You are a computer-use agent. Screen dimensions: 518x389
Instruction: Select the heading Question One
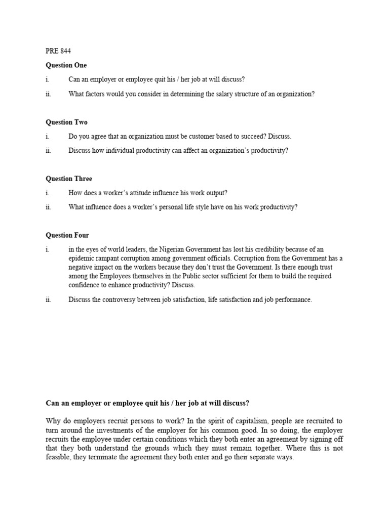click(x=66, y=65)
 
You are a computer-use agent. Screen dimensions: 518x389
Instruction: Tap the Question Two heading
click(x=66, y=122)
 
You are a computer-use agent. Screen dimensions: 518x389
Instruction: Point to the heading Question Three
click(x=69, y=179)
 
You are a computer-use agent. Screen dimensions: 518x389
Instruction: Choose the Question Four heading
click(x=67, y=236)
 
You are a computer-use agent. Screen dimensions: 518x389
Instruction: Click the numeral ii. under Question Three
click(x=48, y=207)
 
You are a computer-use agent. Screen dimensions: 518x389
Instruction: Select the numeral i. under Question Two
click(x=47, y=137)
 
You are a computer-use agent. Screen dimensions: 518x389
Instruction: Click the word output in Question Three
click(x=217, y=193)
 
